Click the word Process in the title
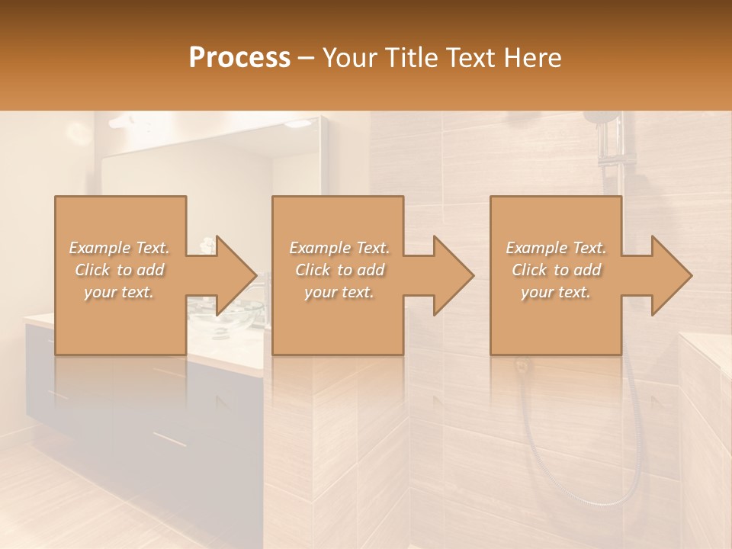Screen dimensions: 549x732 click(x=239, y=58)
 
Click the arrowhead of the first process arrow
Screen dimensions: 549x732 click(x=233, y=275)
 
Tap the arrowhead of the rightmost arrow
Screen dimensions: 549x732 click(x=668, y=275)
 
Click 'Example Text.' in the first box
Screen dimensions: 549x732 click(x=119, y=248)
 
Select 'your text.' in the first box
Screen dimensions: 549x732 click(x=119, y=292)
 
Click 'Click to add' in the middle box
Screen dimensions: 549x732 click(x=339, y=270)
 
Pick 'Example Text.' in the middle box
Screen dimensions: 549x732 click(x=339, y=248)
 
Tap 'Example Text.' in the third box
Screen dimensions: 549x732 click(x=556, y=248)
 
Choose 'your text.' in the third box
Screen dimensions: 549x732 click(x=556, y=292)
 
